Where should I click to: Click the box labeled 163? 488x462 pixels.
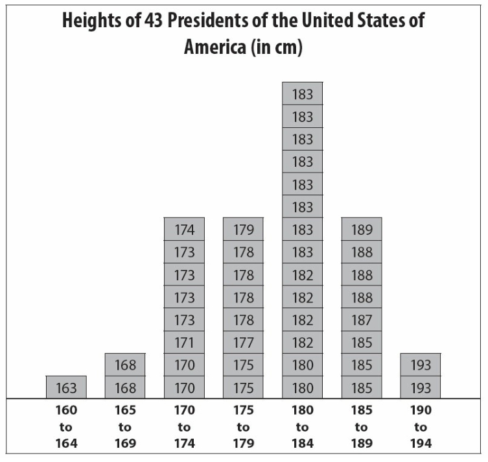(x=66, y=388)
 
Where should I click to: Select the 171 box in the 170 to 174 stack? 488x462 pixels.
(x=184, y=343)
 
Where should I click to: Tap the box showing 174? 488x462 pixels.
(x=184, y=229)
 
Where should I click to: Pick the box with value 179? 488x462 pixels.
(x=243, y=229)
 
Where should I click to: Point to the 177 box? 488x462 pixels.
(x=243, y=343)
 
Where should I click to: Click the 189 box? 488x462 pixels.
(x=362, y=229)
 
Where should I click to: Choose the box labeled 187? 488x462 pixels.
(x=362, y=320)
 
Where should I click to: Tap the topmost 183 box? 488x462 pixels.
(x=302, y=94)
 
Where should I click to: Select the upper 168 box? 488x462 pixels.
(x=125, y=365)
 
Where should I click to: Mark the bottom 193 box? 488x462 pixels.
(x=421, y=388)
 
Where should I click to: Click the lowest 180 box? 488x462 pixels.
(x=302, y=388)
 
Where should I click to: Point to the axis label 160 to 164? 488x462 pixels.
(x=66, y=427)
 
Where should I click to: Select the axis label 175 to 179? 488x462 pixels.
(x=243, y=427)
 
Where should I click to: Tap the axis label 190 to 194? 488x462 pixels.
(x=421, y=427)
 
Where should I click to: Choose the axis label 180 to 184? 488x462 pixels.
(x=302, y=427)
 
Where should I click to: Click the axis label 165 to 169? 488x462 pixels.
(x=125, y=427)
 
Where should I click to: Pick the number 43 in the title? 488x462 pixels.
(x=168, y=21)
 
